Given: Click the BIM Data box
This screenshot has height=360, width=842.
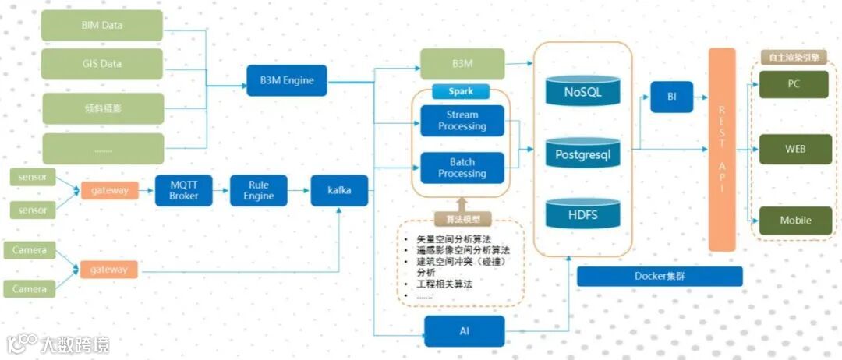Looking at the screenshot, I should [x=102, y=26].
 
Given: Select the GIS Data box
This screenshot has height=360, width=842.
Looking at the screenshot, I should [x=102, y=64].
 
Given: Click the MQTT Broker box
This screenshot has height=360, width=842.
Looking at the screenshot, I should [x=184, y=190].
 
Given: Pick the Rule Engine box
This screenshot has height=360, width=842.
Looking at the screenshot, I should [x=259, y=190].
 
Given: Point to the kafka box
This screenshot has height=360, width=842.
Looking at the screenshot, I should [x=339, y=190].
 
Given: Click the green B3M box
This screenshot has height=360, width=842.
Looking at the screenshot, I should [x=462, y=63].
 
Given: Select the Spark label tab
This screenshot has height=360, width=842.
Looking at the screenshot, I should [x=461, y=91].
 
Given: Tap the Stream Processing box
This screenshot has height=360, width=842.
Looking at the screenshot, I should [x=462, y=121].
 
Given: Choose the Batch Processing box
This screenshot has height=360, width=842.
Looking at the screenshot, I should [x=462, y=168].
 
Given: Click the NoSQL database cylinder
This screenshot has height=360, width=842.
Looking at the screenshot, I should [x=583, y=93].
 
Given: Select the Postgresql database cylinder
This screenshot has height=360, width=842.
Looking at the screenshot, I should [x=583, y=154].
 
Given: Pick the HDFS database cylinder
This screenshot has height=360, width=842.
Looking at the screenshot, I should [x=583, y=213].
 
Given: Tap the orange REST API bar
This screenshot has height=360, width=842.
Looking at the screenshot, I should [x=722, y=149].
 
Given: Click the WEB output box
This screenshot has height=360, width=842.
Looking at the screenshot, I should [x=794, y=149].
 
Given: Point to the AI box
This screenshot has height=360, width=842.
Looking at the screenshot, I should [x=465, y=331].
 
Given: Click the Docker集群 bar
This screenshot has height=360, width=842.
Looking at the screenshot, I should [x=660, y=277].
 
